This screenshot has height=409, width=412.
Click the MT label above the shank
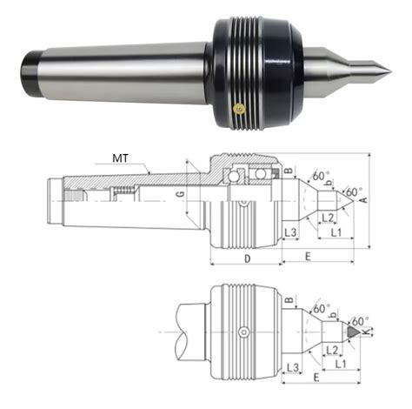click(120, 158)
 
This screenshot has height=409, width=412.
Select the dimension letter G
click(181, 194)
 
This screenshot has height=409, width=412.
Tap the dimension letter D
click(247, 258)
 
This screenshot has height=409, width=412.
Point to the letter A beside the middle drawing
click(364, 200)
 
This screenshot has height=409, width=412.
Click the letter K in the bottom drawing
click(367, 332)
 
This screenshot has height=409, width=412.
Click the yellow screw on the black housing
click(239, 109)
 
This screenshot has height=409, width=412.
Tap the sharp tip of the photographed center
click(391, 71)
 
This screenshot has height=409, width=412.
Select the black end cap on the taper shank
click(29, 74)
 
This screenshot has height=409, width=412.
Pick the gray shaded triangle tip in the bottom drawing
click(353, 332)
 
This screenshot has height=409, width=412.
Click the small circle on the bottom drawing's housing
click(244, 332)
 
